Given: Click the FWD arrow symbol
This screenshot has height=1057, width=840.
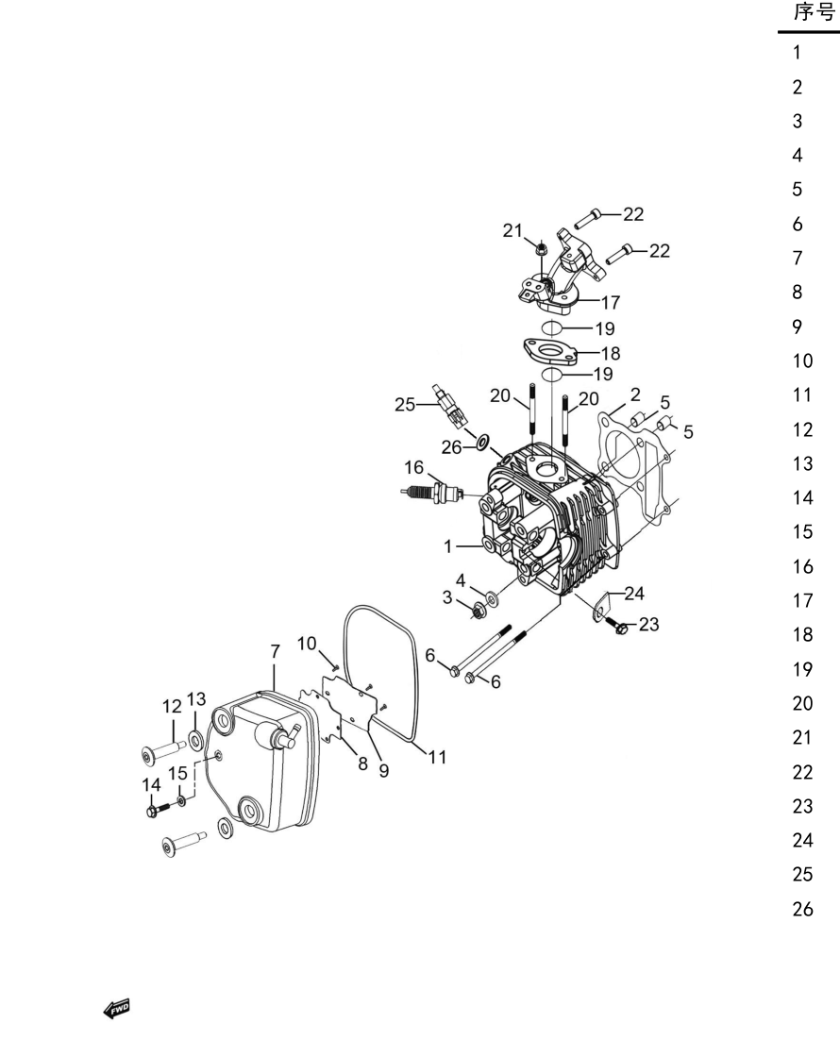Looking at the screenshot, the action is pyautogui.click(x=117, y=1009).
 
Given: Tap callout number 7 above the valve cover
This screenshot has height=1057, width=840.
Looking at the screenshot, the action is pyautogui.click(x=275, y=652).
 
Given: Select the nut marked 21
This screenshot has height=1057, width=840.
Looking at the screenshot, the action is pyautogui.click(x=540, y=249).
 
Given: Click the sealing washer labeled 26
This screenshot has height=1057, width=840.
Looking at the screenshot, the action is pyautogui.click(x=482, y=443).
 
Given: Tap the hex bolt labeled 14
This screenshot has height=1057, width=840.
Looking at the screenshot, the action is pyautogui.click(x=160, y=808).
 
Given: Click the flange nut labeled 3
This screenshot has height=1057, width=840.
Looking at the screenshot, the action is pyautogui.click(x=479, y=611).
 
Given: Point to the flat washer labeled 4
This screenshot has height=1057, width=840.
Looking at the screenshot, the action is pyautogui.click(x=492, y=596).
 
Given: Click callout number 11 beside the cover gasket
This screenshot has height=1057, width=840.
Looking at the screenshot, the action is pyautogui.click(x=438, y=757).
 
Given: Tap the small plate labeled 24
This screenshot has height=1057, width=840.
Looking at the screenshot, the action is pyautogui.click(x=602, y=605).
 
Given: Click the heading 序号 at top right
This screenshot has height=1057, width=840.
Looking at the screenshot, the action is pyautogui.click(x=815, y=12).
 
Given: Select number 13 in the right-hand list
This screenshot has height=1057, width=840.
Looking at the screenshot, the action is pyautogui.click(x=803, y=463).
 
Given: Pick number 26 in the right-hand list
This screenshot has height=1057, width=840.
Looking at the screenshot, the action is pyautogui.click(x=803, y=909).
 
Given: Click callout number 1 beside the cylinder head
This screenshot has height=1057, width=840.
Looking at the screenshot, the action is pyautogui.click(x=448, y=546).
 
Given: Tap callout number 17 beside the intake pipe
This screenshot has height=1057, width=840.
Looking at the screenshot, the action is pyautogui.click(x=610, y=302).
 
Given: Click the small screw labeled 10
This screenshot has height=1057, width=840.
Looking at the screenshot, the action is pyautogui.click(x=334, y=664).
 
